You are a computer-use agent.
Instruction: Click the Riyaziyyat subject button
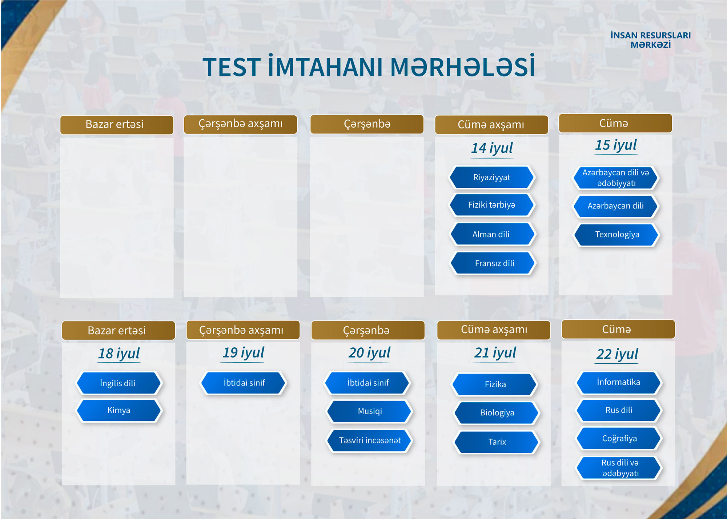[492, 177]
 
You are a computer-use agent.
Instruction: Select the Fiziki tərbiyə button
[492, 205]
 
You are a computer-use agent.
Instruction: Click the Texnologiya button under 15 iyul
[616, 235]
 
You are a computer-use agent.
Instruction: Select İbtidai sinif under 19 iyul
[244, 383]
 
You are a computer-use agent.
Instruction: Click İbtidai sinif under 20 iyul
[367, 383]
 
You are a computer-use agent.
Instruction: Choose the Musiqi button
[369, 411]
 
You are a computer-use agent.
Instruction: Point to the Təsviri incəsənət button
[369, 440]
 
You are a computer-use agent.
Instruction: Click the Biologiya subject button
[497, 413]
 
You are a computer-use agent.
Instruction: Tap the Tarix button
[497, 442]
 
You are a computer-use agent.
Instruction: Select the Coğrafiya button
[619, 439]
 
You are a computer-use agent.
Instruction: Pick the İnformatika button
[619, 382]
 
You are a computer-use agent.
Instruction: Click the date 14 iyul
[492, 148]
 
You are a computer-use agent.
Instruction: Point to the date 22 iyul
[617, 354]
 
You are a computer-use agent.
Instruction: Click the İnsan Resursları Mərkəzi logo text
[651, 40]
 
